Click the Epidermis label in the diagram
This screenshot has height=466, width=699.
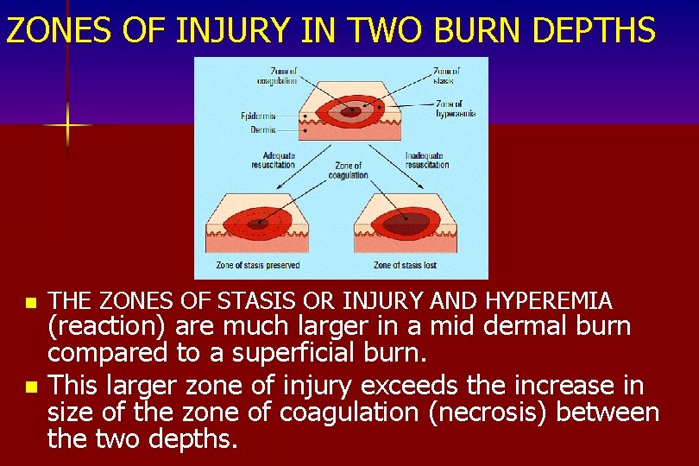(x=258, y=116)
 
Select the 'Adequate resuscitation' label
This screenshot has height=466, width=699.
(x=273, y=161)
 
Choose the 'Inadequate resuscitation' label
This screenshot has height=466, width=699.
(x=426, y=161)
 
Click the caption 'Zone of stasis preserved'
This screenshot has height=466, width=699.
(x=257, y=265)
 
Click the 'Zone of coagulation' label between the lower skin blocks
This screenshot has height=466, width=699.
(x=348, y=170)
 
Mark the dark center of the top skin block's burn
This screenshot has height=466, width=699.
(x=350, y=111)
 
